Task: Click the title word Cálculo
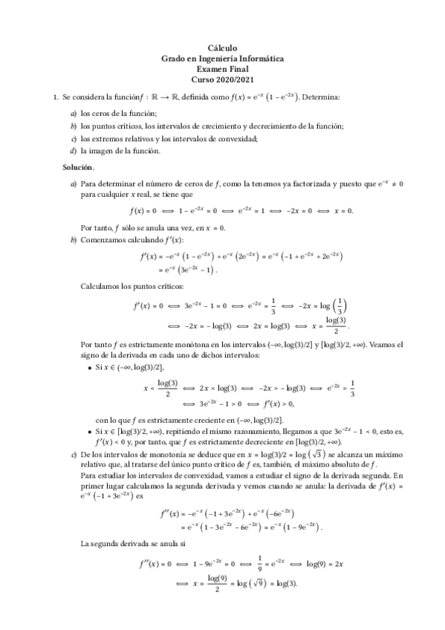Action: (x=222, y=47)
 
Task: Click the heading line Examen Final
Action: (x=222, y=68)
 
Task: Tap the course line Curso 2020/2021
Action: (x=222, y=79)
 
